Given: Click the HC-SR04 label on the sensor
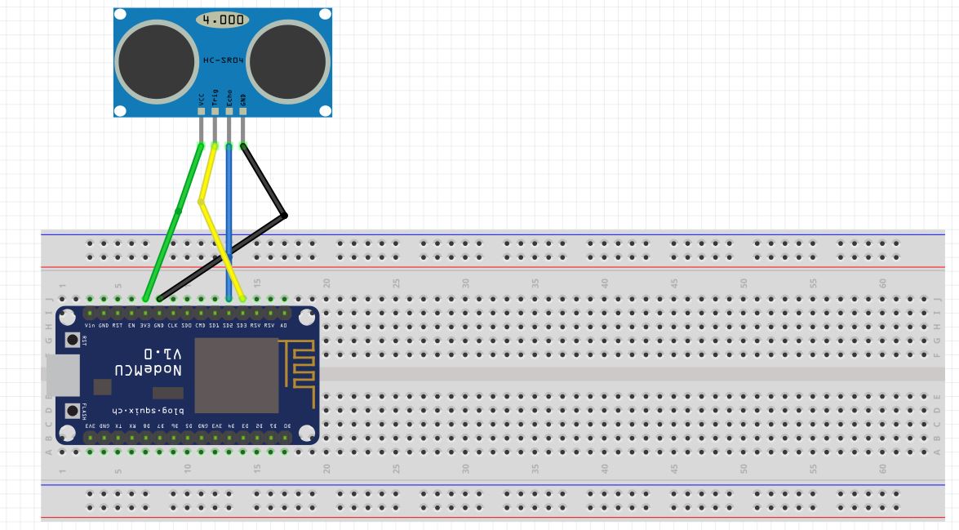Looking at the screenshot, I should (222, 61).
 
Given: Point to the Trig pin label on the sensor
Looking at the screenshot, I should (215, 98).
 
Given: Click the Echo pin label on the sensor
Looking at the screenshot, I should (229, 98).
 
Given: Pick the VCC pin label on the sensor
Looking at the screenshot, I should (201, 99).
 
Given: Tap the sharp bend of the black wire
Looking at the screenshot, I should (285, 216).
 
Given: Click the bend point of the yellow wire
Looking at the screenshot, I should (201, 200).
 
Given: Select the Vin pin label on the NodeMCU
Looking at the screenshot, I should (90, 326).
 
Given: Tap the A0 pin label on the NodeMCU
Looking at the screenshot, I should (284, 326).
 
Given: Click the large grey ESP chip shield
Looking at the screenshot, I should (236, 375).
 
